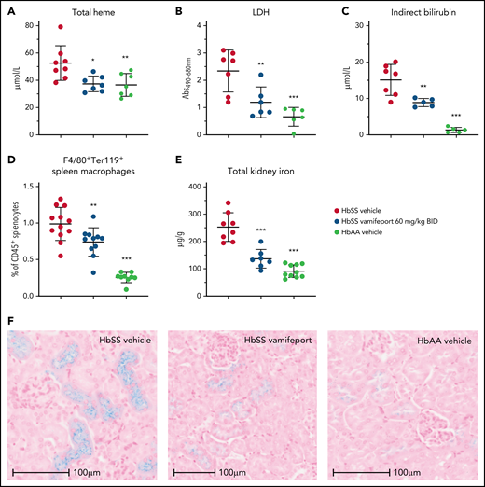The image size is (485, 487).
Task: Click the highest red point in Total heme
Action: point(61,28)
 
